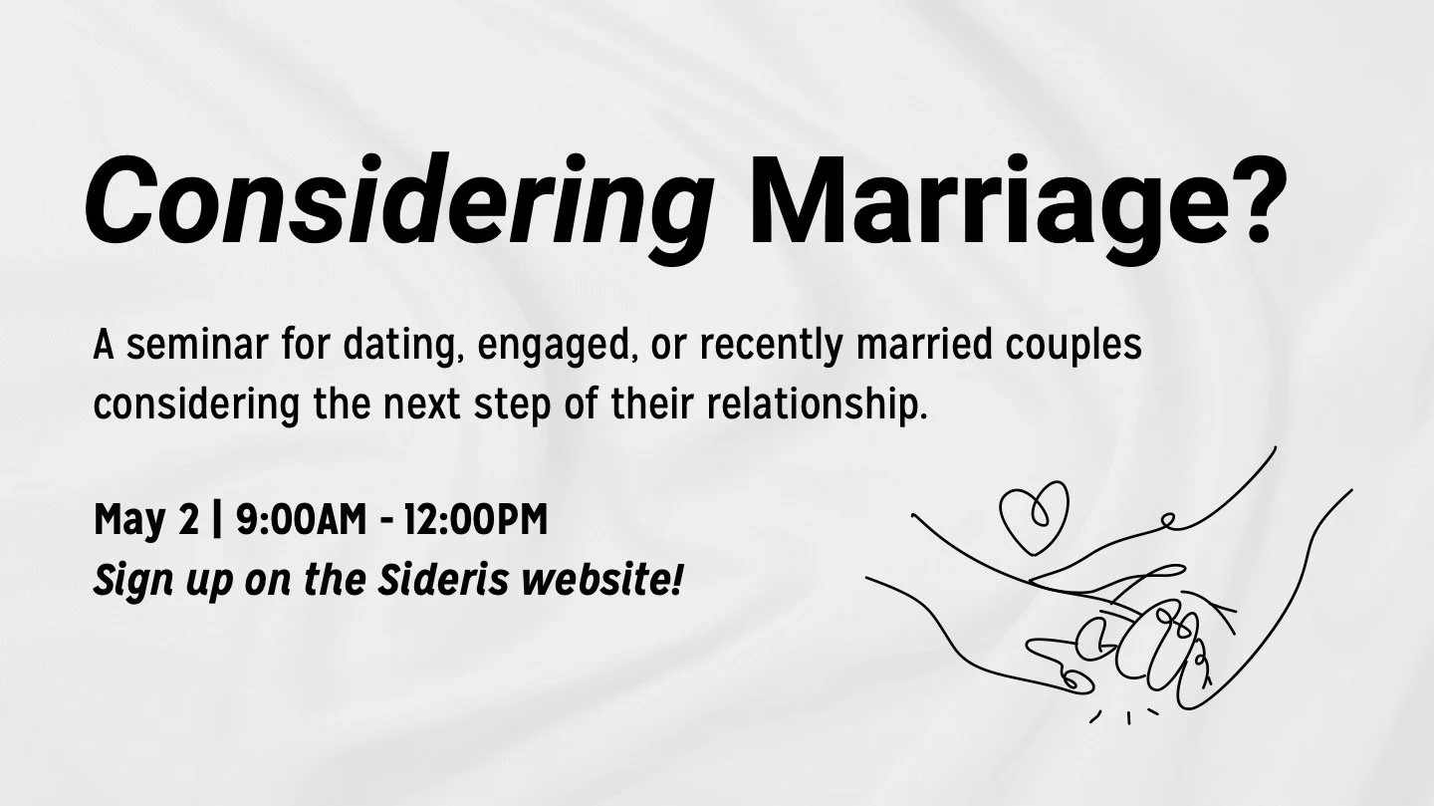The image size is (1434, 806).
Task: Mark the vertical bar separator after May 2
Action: coord(219,520)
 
